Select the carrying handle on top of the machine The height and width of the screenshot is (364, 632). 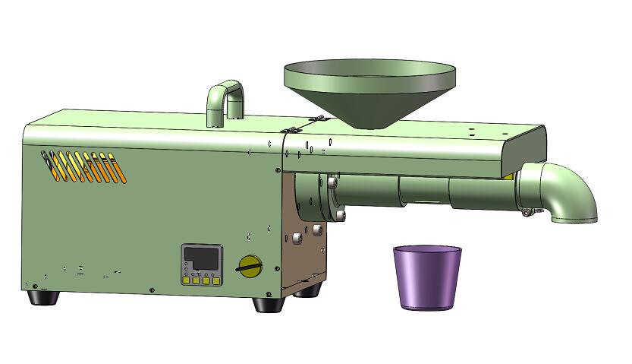click(x=225, y=99)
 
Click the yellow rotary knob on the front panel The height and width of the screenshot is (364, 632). click(x=249, y=265)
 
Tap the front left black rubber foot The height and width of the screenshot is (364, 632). click(x=42, y=296)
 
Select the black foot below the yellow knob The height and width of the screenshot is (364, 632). click(x=268, y=304)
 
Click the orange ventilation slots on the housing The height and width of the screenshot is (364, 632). click(x=84, y=167)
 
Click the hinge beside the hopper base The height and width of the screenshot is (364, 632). click(x=319, y=119)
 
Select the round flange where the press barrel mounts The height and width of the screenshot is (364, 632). click(x=329, y=195)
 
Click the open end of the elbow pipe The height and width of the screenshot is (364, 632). click(x=574, y=220)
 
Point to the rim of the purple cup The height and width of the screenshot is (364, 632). click(x=427, y=249)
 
